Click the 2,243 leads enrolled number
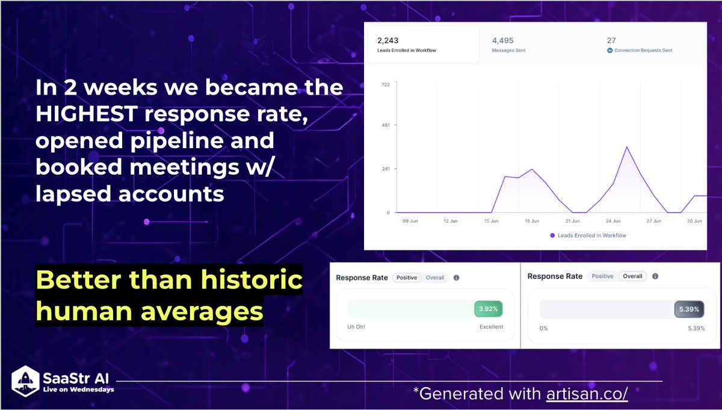tap(387, 41)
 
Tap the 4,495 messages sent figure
tap(502, 41)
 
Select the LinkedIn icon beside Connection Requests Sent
tap(609, 51)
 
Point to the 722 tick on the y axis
tap(386, 84)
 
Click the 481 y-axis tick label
tap(386, 125)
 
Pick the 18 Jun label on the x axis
tap(532, 221)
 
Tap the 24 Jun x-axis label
tap(613, 221)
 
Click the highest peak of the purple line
tap(627, 147)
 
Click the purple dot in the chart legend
tap(552, 235)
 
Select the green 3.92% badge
tap(489, 309)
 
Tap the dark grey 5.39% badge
tap(689, 309)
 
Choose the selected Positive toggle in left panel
tap(407, 278)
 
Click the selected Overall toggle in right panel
tap(632, 276)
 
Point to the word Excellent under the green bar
tap(491, 327)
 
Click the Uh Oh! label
tap(356, 327)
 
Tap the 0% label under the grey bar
tap(543, 328)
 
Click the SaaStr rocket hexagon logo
tap(25, 381)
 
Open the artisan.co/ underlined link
tap(587, 394)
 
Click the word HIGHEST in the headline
tap(87, 114)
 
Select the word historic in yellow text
tap(251, 279)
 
